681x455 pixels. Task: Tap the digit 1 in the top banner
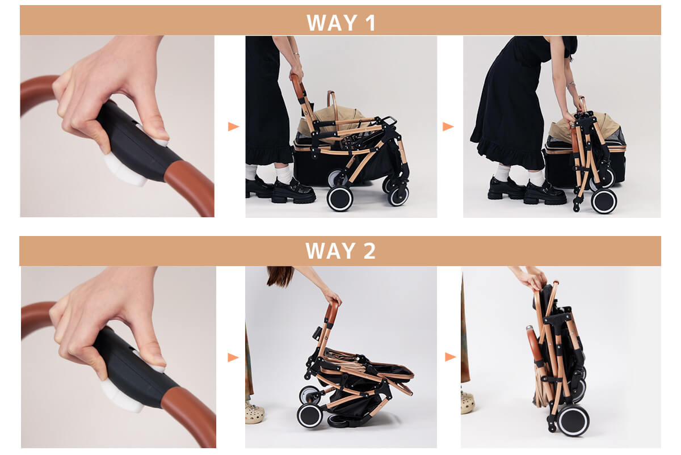(370, 23)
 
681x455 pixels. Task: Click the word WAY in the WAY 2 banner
(331, 251)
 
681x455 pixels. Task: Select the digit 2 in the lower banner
(369, 251)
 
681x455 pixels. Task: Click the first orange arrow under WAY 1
(233, 127)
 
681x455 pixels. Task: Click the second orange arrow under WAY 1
(448, 127)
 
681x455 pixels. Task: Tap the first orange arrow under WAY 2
(233, 357)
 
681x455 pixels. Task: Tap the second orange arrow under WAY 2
(451, 357)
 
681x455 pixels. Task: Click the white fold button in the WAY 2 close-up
(121, 395)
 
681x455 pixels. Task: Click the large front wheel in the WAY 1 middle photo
(339, 199)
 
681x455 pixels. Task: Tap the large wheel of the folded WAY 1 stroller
(604, 201)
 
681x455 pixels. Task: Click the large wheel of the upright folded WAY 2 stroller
(573, 420)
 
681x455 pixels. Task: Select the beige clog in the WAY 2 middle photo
(255, 413)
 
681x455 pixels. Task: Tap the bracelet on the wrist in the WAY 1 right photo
(571, 85)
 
